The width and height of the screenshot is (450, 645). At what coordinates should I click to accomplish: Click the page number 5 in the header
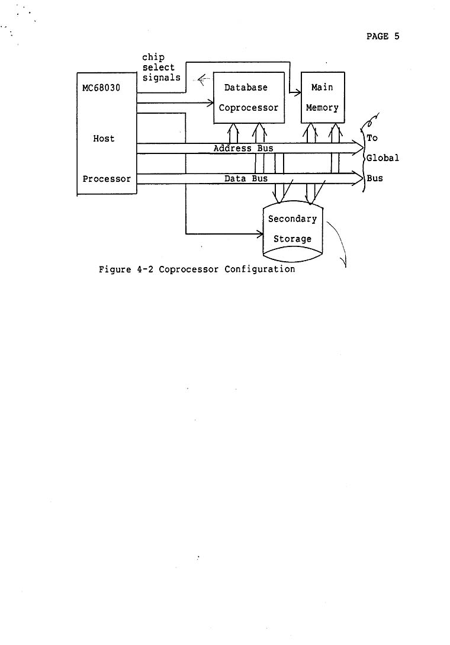pos(397,37)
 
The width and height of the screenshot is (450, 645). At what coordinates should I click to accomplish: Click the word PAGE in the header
pos(377,37)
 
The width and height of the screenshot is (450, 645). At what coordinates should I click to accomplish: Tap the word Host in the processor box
pos(104,139)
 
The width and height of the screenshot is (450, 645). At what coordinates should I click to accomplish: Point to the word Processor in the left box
pos(107,179)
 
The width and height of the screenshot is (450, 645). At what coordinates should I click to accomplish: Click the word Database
pos(246,88)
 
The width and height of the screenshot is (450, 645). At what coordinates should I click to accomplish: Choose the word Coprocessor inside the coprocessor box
pos(248,108)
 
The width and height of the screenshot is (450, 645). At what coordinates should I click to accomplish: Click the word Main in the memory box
pos(322,88)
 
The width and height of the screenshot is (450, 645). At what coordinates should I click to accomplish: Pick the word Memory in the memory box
pos(322,108)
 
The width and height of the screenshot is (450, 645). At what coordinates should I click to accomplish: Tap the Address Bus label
pos(243,148)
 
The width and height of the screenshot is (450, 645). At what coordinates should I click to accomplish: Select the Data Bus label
pos(246,178)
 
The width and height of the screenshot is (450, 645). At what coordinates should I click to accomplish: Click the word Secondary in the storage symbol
pos(292,219)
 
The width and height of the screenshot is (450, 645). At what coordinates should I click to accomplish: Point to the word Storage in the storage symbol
pos(292,239)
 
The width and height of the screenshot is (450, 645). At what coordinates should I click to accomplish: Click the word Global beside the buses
pos(382,158)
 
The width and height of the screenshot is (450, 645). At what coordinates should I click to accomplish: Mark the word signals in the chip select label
pos(161,78)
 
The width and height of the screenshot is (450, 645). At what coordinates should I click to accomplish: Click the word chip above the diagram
pos(153,57)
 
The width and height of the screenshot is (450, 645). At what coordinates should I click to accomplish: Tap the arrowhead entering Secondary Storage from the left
pos(259,234)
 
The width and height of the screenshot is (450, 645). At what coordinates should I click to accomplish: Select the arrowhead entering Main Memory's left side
pos(298,92)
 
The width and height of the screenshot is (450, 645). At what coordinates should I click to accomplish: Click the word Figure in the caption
pos(115,269)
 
